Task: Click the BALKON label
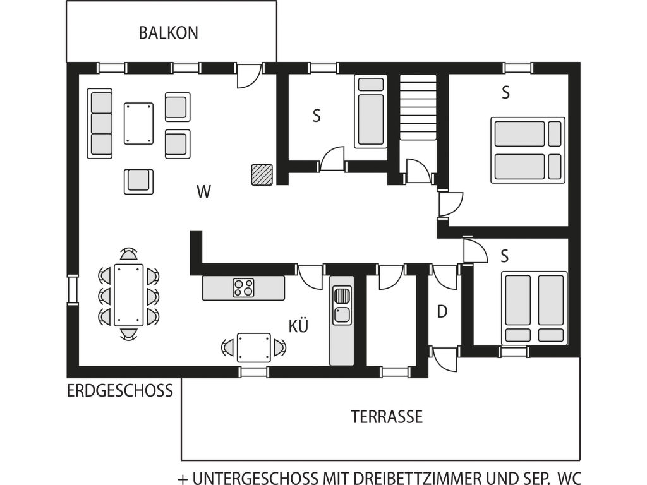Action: coord(168,33)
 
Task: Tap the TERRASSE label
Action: coord(387,417)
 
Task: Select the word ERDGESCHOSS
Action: coord(119,390)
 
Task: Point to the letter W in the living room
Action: coord(204,192)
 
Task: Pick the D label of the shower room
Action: coord(442,312)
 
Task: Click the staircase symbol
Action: coord(418,107)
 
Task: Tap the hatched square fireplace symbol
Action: coord(262,174)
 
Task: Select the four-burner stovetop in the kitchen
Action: coord(243,288)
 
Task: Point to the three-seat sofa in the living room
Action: coord(100,123)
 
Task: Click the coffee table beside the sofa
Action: coord(138,123)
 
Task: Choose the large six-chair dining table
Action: coord(129,295)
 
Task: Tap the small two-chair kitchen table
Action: coord(254,348)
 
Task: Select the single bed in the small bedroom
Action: coord(370,111)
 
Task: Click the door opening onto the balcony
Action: coord(249,76)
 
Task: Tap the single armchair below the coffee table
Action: coord(138,181)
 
